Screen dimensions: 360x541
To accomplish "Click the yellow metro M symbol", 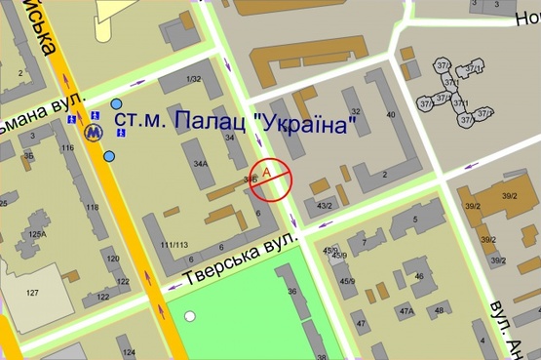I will coord(95,130).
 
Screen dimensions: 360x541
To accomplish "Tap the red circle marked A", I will coord(272,179).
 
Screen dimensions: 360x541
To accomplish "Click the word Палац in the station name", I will coord(208,122).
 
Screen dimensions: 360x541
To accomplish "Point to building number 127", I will coord(32,294).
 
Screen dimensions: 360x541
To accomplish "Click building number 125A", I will coord(37,233).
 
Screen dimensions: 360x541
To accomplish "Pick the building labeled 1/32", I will coord(194,79).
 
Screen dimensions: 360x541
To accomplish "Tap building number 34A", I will coord(201,164).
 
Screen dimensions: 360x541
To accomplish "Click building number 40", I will coord(391,114).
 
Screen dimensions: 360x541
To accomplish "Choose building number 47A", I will coord(406,311).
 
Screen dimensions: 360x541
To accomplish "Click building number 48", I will coord(439,311).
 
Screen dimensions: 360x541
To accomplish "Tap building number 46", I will coord(419,276).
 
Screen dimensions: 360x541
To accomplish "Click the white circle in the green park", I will coord(190,315).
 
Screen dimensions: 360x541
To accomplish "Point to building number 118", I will coord(93,208).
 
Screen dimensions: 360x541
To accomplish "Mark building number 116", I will coord(67,148).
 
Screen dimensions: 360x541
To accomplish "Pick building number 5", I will coord(415,220).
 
